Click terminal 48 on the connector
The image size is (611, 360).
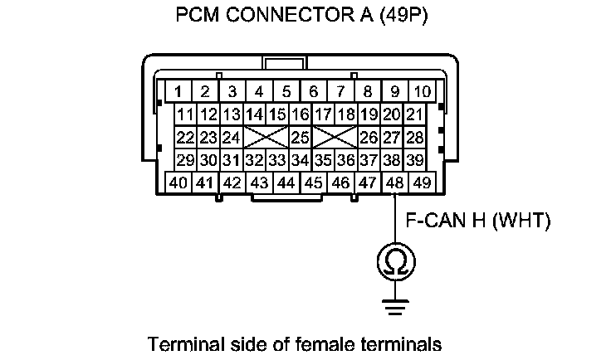coord(395,182)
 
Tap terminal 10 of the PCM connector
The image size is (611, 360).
coord(423,90)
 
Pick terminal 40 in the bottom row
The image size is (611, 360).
coord(178,182)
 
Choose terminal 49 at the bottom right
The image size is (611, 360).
coord(423,182)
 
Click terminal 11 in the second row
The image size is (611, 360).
coord(185,114)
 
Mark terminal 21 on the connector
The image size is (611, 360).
coord(415,114)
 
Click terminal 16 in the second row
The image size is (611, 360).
coord(301,114)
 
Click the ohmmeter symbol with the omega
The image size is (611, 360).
coord(394,263)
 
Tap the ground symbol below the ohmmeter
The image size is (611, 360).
coord(394,305)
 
